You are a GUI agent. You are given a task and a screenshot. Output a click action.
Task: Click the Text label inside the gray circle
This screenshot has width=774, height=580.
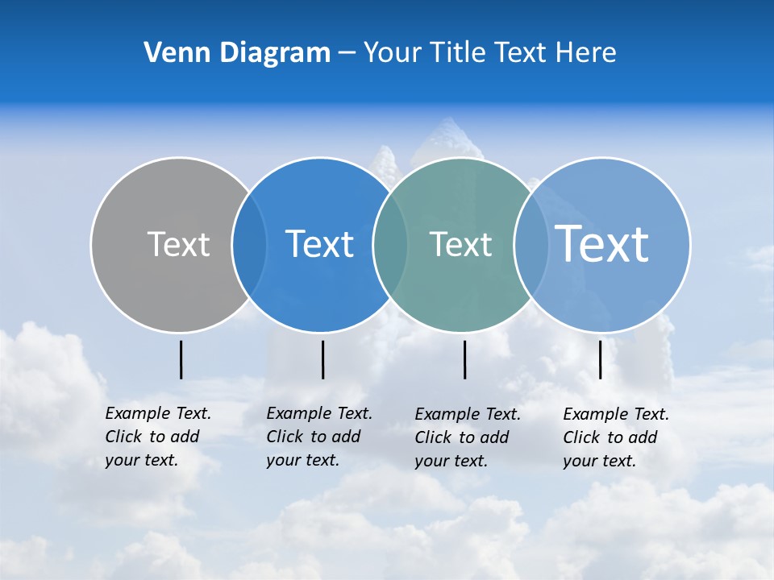(178, 244)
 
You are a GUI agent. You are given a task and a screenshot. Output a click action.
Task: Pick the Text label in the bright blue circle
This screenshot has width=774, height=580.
(320, 244)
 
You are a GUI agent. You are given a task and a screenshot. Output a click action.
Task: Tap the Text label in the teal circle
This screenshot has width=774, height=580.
(460, 244)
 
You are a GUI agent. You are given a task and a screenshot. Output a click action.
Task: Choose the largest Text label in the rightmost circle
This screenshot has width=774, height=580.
(602, 243)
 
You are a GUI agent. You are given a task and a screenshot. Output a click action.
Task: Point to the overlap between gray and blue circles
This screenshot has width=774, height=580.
(249, 245)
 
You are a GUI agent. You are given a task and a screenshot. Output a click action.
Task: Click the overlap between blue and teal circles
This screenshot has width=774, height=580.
(390, 245)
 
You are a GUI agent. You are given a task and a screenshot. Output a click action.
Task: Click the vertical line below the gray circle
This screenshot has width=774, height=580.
(181, 359)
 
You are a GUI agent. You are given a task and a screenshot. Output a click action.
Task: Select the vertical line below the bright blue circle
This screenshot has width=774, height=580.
(322, 359)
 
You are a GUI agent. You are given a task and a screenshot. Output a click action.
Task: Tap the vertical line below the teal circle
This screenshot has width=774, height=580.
(464, 359)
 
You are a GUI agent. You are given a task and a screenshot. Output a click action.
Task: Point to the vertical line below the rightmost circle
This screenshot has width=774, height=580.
(600, 359)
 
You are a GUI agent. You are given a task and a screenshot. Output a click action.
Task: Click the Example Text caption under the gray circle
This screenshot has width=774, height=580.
(157, 437)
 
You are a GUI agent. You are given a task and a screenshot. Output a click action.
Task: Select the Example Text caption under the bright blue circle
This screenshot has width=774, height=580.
(318, 437)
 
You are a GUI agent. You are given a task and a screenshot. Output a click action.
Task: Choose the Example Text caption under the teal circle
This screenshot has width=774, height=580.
(467, 437)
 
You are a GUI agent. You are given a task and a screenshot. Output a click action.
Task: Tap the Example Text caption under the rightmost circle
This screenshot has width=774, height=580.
(615, 437)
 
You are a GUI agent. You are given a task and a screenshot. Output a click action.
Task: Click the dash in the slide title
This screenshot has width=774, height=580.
(347, 54)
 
